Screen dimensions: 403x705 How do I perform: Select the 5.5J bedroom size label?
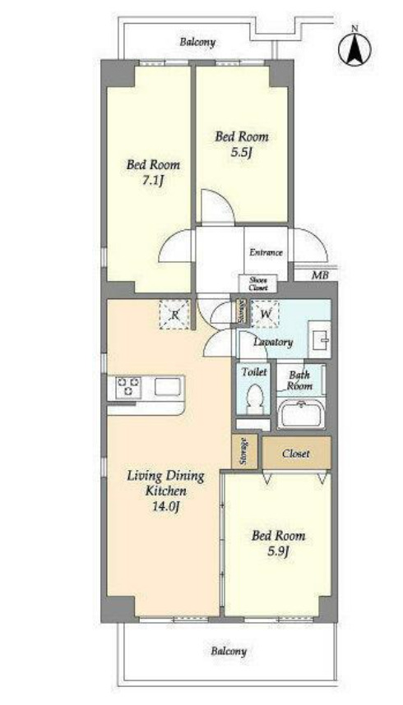(241, 153)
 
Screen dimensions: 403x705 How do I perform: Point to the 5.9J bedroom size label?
(278, 551)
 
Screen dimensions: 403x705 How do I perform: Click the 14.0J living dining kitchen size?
(165, 506)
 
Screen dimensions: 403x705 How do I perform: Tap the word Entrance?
(266, 253)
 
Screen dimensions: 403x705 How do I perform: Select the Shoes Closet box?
(257, 283)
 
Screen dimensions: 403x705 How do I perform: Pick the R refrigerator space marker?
(174, 315)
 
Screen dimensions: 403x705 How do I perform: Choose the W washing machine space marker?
(265, 314)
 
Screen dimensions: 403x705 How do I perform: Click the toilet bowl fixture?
(255, 397)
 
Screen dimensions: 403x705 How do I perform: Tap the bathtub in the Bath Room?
(301, 414)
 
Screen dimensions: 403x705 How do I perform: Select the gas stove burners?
(128, 388)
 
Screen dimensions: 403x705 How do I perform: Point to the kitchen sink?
(168, 387)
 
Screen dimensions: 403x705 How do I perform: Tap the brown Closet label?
(296, 454)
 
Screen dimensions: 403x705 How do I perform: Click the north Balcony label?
(197, 43)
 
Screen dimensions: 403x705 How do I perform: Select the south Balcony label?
(229, 651)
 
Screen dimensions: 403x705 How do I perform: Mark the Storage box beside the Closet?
(244, 451)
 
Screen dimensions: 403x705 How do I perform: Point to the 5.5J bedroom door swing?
(217, 206)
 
